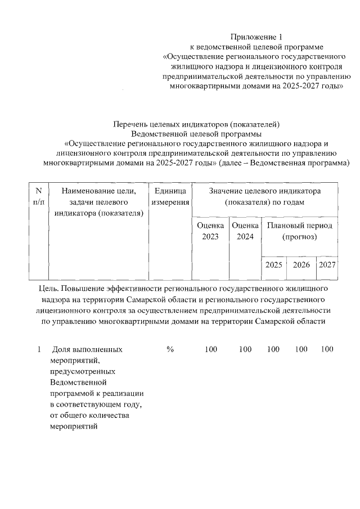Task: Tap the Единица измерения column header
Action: point(170,196)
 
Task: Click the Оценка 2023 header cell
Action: point(210,231)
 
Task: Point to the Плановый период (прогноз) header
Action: point(299,231)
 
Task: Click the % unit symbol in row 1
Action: point(170,349)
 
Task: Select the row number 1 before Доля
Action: point(39,349)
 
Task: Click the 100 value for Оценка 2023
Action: point(210,349)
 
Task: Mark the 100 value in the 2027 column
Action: point(327,349)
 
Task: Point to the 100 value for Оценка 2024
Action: point(245,349)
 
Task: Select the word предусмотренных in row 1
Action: point(83,372)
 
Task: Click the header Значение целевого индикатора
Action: point(264,191)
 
